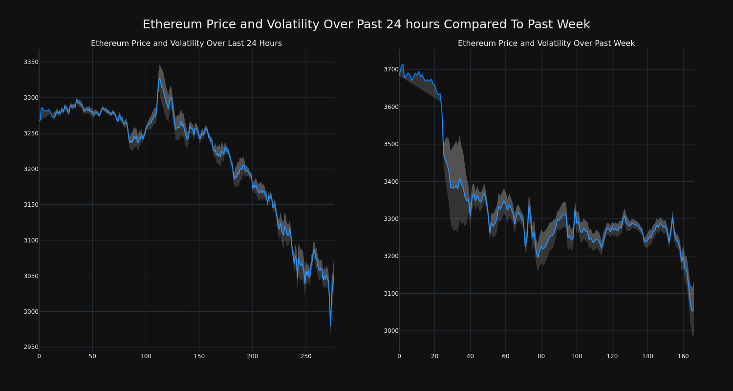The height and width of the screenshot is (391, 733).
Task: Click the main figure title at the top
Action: point(366,24)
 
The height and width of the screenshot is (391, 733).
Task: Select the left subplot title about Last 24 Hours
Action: point(186,43)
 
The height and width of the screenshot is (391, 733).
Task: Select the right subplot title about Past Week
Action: point(546,43)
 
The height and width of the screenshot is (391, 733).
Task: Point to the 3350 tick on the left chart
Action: point(30,62)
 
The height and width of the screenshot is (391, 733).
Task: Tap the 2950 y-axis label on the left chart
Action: point(30,347)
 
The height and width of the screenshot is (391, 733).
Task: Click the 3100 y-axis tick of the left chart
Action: point(30,240)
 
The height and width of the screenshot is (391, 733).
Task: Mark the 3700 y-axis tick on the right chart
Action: point(390,69)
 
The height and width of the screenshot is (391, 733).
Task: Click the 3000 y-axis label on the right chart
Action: point(390,331)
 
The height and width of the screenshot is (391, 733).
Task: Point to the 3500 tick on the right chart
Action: point(390,144)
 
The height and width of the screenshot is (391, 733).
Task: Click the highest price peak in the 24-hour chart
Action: point(159,78)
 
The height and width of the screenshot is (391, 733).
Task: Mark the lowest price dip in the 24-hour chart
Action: point(330,326)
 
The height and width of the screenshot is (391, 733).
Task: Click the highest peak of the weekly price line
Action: point(402,64)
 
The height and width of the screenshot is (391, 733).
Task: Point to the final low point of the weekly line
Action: point(691,311)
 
